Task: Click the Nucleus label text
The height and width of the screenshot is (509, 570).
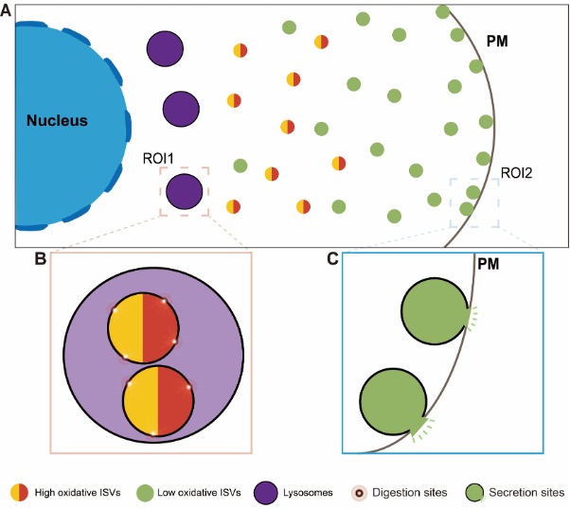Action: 57,121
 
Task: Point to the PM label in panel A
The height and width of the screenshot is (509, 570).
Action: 497,44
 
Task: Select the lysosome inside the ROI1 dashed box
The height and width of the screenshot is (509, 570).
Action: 184,192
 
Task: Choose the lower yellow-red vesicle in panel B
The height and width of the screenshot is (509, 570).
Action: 158,401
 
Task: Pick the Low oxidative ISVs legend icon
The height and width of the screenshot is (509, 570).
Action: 145,492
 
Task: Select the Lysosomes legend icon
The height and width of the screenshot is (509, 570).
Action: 266,492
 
